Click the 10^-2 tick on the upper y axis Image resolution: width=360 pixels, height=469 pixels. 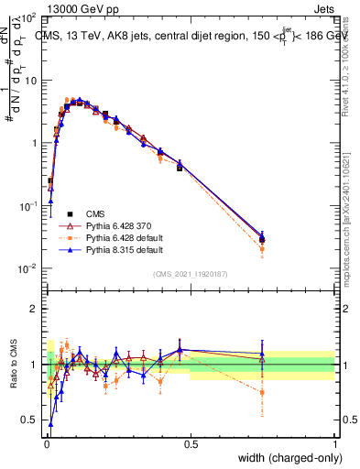(29, 268)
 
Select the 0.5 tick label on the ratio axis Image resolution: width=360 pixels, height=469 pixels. (33, 420)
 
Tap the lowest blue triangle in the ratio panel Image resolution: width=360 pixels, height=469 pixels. (50, 424)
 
